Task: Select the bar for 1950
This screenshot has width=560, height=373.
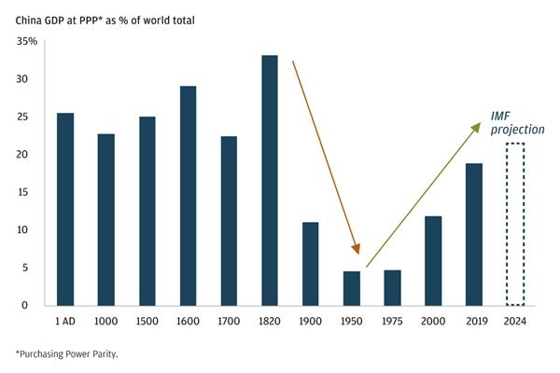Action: pos(351,288)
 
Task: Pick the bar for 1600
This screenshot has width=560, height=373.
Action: pos(188,196)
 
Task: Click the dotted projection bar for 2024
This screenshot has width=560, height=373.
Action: pos(515,224)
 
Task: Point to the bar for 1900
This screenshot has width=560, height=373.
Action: pos(310,264)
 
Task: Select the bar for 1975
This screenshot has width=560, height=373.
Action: pos(392,287)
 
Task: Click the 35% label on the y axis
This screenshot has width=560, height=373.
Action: pos(27,42)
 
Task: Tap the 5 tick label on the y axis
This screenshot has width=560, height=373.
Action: pos(35,268)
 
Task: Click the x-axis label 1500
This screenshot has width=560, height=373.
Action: pos(147,321)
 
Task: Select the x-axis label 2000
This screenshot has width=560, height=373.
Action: pos(433,321)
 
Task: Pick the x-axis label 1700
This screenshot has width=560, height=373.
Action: pos(229,321)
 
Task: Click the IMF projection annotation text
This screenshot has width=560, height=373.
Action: pos(518,122)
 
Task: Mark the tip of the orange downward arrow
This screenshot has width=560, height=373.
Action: pos(357,253)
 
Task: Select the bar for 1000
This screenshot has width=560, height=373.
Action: pos(105,219)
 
